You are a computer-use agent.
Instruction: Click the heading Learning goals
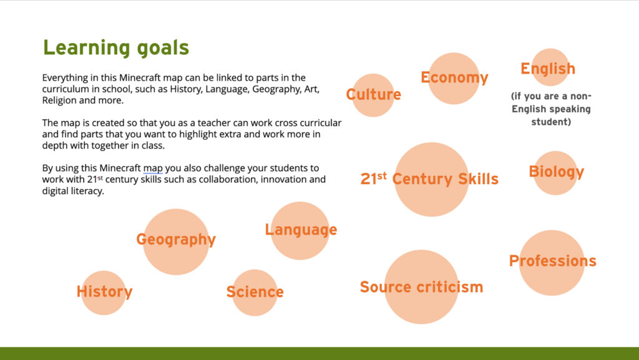point(116,48)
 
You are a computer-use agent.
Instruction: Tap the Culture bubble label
point(374,94)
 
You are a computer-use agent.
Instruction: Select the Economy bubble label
point(454,77)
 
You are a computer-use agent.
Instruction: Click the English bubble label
point(548,69)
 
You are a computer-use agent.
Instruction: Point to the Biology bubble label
point(556,172)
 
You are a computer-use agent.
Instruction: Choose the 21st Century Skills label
point(429,179)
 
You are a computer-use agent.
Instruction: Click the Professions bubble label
point(553,261)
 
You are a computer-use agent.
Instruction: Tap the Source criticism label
point(421,287)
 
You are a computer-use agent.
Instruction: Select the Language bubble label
point(301,230)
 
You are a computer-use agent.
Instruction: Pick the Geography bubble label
point(176,240)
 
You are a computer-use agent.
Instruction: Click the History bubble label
point(105,291)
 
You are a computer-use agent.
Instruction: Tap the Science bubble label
point(255,291)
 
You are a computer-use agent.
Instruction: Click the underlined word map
point(153,168)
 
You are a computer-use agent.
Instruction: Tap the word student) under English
point(551,122)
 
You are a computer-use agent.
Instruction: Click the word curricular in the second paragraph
point(321,123)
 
